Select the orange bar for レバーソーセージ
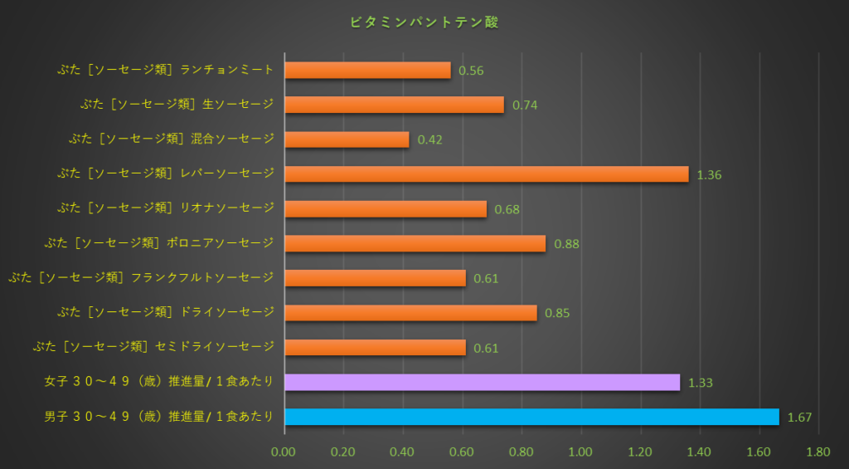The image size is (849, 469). coord(486,173)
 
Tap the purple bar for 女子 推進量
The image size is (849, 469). coord(482,382)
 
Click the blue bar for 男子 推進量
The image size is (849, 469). coord(531,417)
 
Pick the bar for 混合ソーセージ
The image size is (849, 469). coord(347,139)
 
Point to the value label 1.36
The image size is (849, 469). coord(709,175)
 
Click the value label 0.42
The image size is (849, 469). coord(429,140)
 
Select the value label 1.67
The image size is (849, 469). coord(799,418)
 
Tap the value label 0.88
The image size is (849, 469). coord(566,244)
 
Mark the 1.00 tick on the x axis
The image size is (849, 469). coord(580,452)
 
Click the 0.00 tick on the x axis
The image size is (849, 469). coord(284,452)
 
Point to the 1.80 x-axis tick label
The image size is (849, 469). coord(817,452)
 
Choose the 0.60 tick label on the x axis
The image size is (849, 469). coord(462,452)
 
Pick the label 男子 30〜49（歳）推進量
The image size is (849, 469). coord(158,416)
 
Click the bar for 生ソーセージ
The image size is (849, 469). coord(394,104)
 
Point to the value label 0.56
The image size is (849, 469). coord(471,71)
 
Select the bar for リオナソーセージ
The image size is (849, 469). coord(386,208)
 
